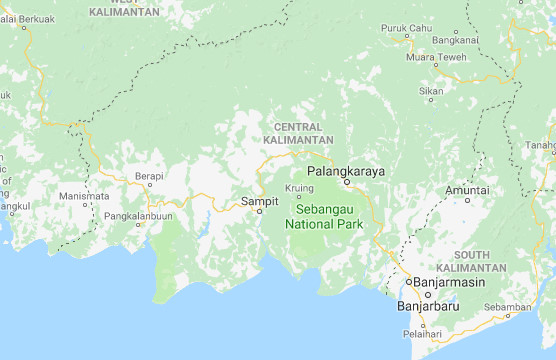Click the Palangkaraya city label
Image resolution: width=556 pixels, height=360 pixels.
[x=346, y=171]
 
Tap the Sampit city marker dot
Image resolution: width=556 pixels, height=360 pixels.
[x=260, y=211]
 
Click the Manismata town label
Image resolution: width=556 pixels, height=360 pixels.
[x=83, y=196]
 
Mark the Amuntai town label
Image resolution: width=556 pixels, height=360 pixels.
[x=467, y=189]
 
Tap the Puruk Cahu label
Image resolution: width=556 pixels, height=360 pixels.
[x=406, y=28]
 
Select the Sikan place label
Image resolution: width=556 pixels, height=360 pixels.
[x=431, y=91]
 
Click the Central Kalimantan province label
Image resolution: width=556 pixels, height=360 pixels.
[x=298, y=133]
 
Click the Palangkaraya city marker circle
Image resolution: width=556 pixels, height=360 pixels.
[x=346, y=183]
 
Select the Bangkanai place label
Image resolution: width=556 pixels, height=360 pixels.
[x=456, y=40]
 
